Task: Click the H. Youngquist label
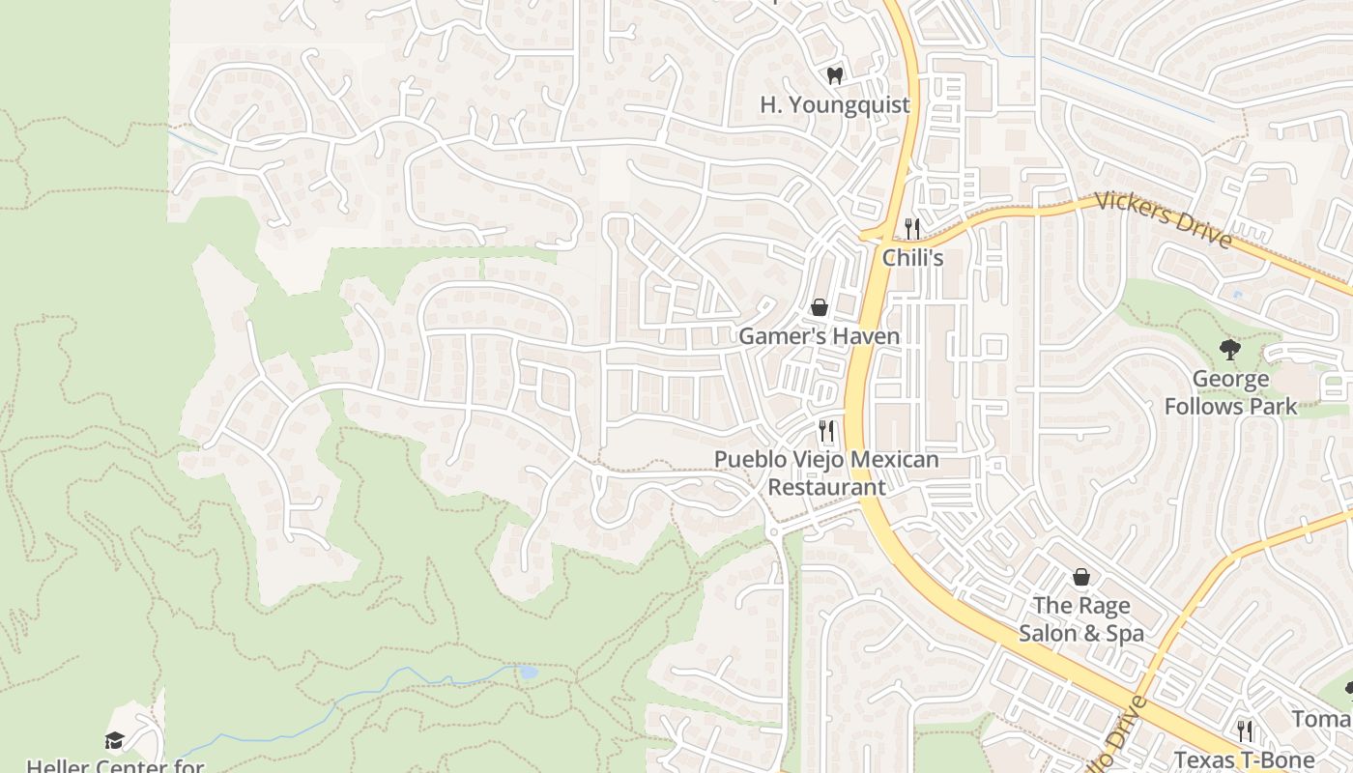coord(835,104)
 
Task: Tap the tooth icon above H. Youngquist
coord(835,74)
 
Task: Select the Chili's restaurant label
coord(912,258)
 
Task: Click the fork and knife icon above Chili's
coord(911,228)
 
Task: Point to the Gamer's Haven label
coord(819,336)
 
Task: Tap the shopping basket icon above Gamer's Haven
coord(820,307)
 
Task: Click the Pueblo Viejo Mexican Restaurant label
coord(826,472)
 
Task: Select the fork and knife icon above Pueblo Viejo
coord(826,431)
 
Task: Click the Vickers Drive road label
coord(1165,221)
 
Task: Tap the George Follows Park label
coord(1230,392)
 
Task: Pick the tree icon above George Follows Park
coord(1229,349)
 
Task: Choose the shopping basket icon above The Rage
coord(1081,577)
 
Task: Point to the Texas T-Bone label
coord(1245,759)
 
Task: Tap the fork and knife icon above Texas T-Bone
coord(1245,730)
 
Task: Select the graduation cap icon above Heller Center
coord(115,740)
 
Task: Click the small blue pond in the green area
coord(528,672)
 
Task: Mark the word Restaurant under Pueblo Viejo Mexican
coord(826,486)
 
